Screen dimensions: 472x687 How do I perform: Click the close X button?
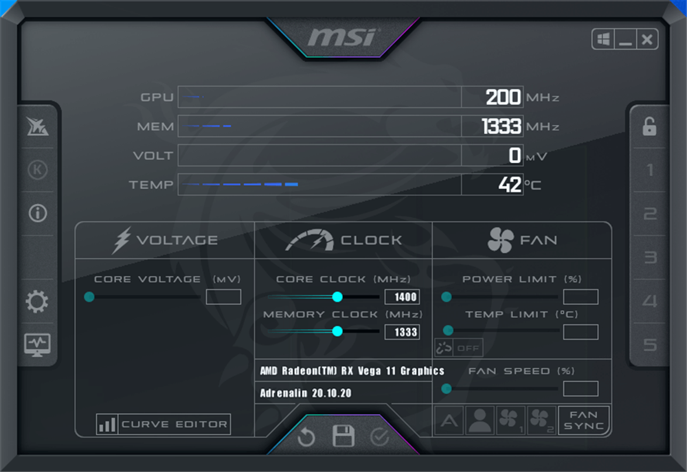[647, 39]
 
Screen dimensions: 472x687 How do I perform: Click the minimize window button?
[625, 39]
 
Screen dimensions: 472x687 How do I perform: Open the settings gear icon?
[37, 302]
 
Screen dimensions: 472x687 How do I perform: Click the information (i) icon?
[37, 213]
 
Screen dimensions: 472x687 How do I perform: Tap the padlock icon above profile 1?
[649, 126]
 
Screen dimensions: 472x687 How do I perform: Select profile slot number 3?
[650, 258]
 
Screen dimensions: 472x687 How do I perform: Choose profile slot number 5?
[650, 344]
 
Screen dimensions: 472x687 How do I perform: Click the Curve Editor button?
[164, 425]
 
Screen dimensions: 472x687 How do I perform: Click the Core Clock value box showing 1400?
[402, 297]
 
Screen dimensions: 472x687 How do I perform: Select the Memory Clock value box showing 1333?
[402, 332]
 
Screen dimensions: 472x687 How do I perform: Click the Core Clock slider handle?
[337, 297]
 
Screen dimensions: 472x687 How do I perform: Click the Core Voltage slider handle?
[89, 297]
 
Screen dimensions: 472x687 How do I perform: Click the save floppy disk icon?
[343, 436]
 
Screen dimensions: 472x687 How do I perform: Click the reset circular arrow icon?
[306, 437]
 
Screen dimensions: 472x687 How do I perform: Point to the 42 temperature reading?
[509, 185]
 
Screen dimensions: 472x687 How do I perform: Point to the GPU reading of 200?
[503, 97]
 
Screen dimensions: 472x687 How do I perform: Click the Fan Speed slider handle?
[447, 389]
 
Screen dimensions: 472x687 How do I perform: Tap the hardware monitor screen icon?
[37, 344]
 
